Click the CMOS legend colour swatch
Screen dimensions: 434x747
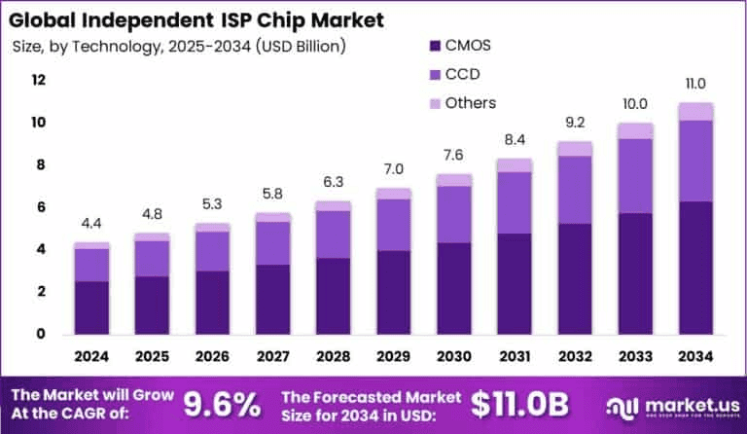434,45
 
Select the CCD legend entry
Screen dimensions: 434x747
464,74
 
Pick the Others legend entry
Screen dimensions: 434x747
471,103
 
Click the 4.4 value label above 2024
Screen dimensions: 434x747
91,225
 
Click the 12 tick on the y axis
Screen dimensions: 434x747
39,81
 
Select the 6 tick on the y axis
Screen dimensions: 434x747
39,207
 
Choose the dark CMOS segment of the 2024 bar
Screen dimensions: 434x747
91,307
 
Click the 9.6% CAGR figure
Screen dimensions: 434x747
221,401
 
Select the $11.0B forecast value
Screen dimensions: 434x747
519,401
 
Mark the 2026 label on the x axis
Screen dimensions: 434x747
211,357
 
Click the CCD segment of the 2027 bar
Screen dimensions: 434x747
271,243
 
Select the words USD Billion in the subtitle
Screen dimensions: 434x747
302,46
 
